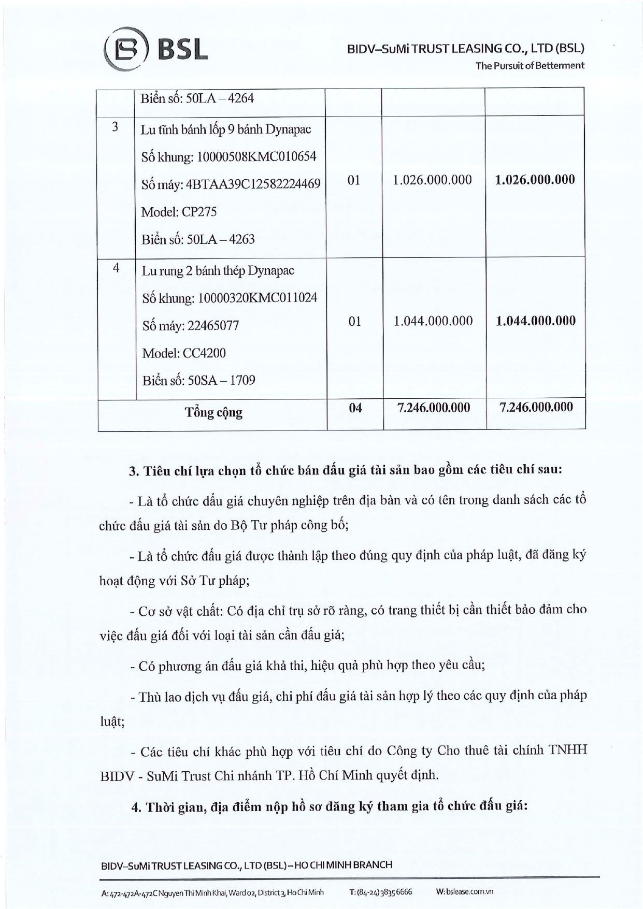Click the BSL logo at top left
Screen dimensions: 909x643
[x=155, y=51]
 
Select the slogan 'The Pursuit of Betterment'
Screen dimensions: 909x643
[x=530, y=65]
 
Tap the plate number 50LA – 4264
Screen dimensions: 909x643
[x=197, y=98]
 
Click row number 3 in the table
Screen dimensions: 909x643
[x=115, y=127]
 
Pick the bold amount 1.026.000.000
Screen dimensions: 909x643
[x=535, y=180]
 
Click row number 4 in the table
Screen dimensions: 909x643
[x=116, y=268]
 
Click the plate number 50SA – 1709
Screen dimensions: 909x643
[x=199, y=381]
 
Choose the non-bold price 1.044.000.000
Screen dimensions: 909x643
[x=433, y=321]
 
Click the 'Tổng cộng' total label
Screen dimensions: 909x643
[x=213, y=413]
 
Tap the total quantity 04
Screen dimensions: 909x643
[x=355, y=408]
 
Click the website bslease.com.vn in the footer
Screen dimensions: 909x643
[x=464, y=892]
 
